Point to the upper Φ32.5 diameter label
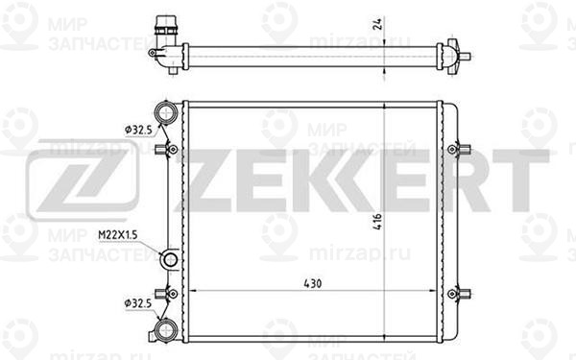point(136,126)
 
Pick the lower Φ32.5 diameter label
point(136,304)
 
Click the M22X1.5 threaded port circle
point(170,259)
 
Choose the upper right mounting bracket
point(463,149)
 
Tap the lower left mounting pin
point(170,293)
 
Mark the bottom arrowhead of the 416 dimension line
point(384,336)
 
